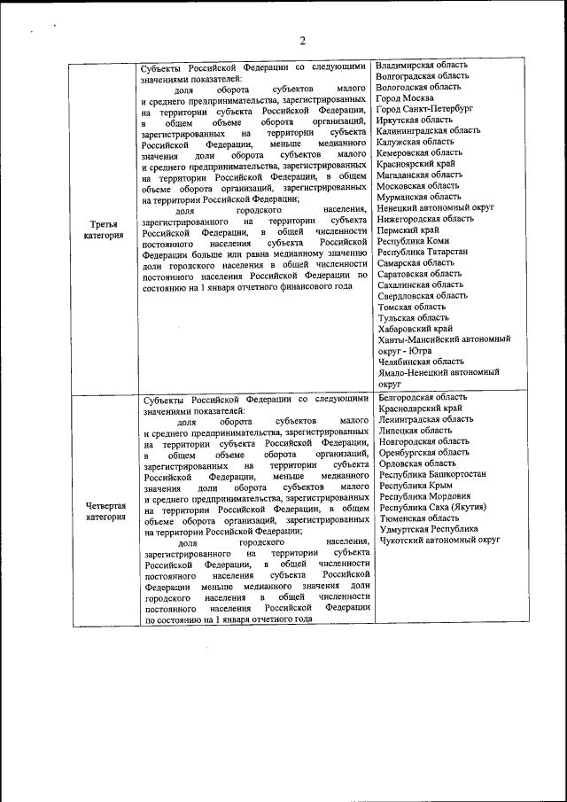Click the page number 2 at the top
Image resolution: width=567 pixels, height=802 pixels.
[301, 40]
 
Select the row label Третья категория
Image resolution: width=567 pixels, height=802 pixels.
[105, 230]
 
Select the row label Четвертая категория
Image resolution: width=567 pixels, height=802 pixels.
[105, 511]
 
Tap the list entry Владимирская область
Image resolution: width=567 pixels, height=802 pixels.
[422, 66]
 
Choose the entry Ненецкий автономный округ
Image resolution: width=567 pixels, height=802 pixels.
[435, 209]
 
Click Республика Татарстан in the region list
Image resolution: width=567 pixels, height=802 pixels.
[421, 252]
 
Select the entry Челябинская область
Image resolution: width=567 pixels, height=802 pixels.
[421, 361]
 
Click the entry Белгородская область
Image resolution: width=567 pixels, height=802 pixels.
[423, 398]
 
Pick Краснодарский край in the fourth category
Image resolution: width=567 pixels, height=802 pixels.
[418, 409]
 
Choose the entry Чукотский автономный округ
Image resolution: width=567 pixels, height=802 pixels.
[439, 540]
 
